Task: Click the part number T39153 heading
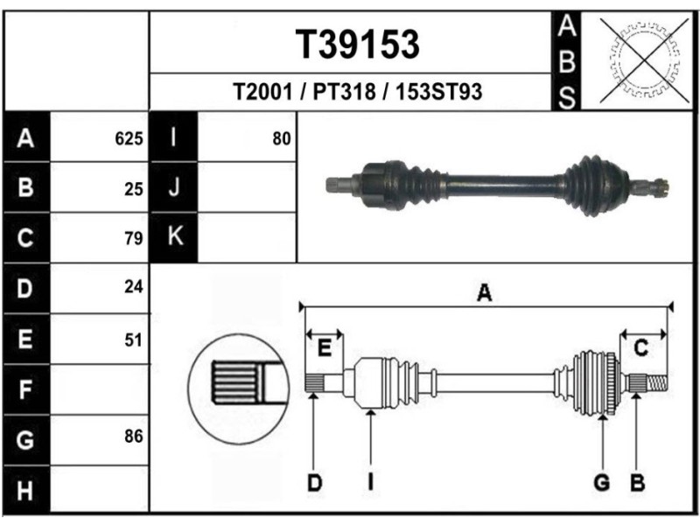356,44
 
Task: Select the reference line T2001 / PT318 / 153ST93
357,92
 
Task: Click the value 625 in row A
129,138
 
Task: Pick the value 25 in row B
133,188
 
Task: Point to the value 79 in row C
133,238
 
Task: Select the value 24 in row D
133,287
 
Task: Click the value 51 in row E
133,339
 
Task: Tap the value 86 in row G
133,435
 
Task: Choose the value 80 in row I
281,138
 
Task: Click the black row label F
25,388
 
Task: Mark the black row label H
25,489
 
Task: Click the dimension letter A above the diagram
483,295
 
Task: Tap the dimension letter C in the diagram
640,348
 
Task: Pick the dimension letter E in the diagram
324,348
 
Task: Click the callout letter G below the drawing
602,481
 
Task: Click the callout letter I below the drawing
370,481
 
